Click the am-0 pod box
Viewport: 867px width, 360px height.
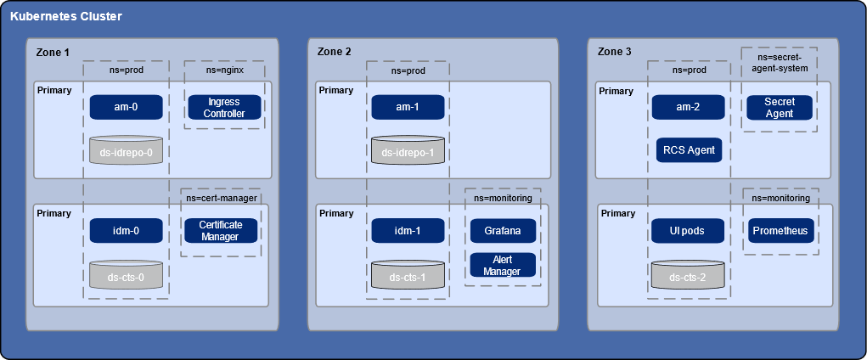[x=126, y=107]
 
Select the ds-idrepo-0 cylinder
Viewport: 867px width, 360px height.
[x=126, y=150]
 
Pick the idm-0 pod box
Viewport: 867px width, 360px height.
[x=126, y=230]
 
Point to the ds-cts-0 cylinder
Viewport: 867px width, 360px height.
[x=126, y=274]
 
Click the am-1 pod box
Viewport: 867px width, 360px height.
[x=408, y=107]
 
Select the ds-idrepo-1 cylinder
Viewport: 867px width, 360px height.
[x=408, y=150]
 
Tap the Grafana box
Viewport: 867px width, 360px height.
[x=502, y=230]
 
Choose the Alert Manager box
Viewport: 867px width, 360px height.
[x=502, y=265]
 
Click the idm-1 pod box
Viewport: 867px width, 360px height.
[x=408, y=230]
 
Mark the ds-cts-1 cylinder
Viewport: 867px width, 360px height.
[x=408, y=274]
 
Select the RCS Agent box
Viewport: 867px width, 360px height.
[x=689, y=150]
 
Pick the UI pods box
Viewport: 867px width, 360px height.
[x=689, y=230]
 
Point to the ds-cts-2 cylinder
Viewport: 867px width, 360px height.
[x=689, y=274]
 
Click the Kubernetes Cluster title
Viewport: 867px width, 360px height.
[x=65, y=16]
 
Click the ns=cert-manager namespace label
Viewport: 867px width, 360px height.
[x=221, y=198]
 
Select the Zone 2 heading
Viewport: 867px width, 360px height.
[x=334, y=52]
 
